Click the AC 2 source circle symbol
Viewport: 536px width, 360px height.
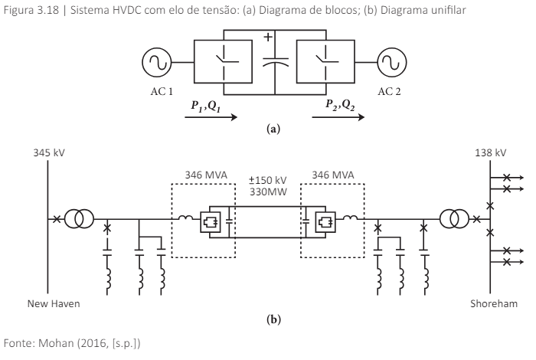[x=389, y=62]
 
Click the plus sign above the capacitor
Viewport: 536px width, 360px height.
[x=268, y=38]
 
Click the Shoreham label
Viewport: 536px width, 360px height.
[x=489, y=303]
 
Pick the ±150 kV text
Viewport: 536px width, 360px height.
[x=268, y=182]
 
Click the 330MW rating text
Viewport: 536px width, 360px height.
[x=268, y=193]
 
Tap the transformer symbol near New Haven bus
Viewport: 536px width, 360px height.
[x=78, y=220]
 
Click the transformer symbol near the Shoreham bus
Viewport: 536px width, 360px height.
[x=458, y=220]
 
